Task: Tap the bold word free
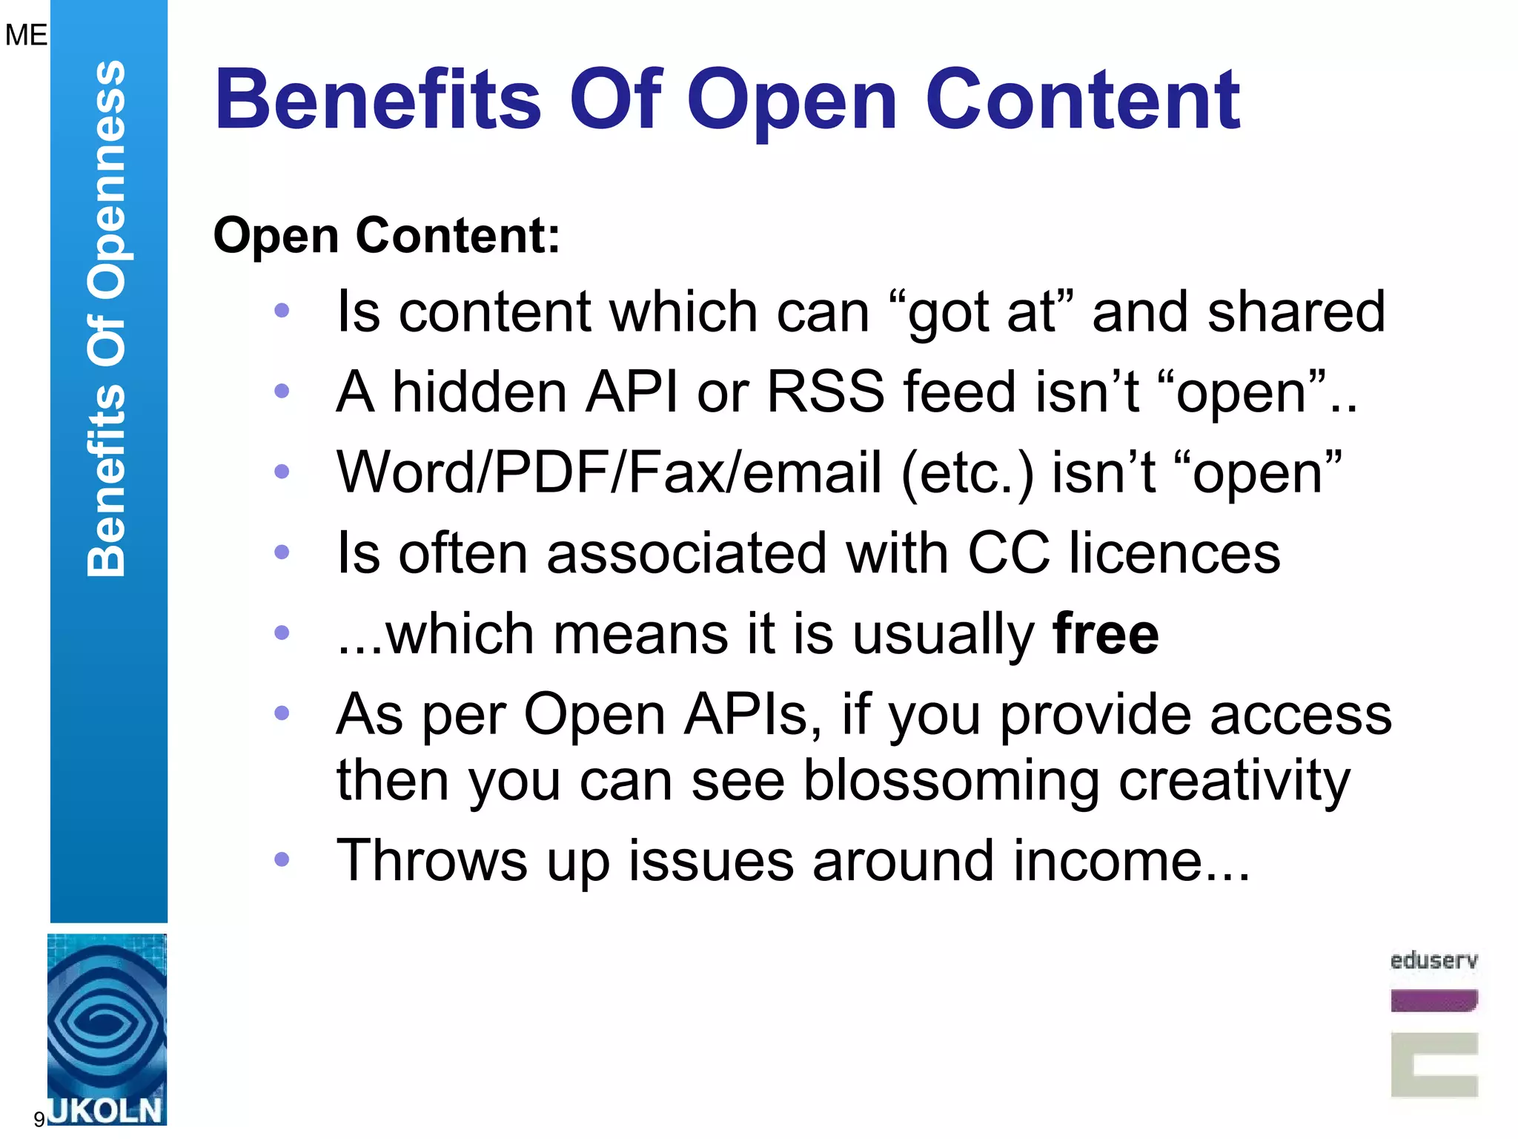point(1105,634)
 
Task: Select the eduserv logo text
point(1434,961)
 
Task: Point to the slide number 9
point(39,1119)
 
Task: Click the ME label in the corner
point(25,35)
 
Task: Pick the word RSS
point(825,392)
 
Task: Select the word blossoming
point(951,781)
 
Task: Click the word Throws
point(431,861)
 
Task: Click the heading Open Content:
point(387,236)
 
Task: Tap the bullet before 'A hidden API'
point(282,391)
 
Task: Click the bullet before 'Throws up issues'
point(282,859)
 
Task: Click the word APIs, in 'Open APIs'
point(752,715)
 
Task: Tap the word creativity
point(1234,781)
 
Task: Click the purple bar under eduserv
point(1434,1001)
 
